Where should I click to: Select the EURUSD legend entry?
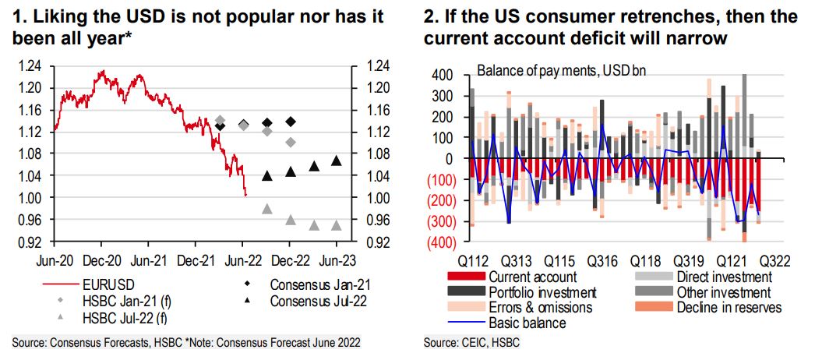point(110,283)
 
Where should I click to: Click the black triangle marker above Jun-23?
point(336,161)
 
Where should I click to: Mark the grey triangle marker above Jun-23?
point(336,225)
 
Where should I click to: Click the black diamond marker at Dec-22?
point(291,122)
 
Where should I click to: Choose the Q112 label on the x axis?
point(475,260)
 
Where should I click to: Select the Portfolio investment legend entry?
point(542,292)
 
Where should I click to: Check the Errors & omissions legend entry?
point(541,308)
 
